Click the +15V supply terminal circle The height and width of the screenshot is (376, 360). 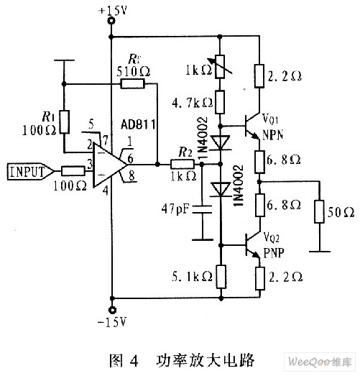tap(111, 21)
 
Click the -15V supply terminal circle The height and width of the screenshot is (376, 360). tap(111, 310)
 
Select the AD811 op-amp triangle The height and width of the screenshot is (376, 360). tap(110, 165)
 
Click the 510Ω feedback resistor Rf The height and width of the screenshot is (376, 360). tap(132, 83)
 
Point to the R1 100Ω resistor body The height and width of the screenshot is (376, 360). tap(64, 121)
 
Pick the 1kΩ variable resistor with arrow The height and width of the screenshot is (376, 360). tap(220, 67)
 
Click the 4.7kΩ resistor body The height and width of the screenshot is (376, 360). tap(220, 102)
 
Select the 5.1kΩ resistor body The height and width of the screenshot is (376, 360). tap(221, 277)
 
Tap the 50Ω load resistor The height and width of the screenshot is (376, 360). tap(319, 211)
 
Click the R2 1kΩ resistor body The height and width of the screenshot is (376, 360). tap(183, 164)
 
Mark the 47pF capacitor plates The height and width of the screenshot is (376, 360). tap(203, 209)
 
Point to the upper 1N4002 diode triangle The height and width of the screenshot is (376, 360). tap(221, 142)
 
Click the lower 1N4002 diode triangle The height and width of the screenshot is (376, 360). tap(221, 190)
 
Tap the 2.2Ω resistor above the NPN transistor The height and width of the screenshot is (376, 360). tap(259, 75)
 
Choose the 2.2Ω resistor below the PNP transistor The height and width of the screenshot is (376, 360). tap(260, 278)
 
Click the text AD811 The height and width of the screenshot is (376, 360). tap(138, 124)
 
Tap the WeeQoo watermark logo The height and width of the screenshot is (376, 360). tap(320, 362)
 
